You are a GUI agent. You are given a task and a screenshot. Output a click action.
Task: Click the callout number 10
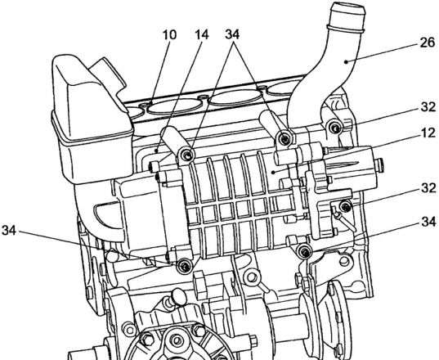point(169,35)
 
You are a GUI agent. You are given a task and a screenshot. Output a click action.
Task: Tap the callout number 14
point(202,35)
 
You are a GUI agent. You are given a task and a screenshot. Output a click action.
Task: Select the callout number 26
point(428,43)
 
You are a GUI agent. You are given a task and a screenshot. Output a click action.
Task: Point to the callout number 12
point(428,133)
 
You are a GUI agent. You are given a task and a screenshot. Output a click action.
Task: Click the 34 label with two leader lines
point(232,34)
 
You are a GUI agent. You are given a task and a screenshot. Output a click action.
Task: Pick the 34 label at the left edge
point(9,231)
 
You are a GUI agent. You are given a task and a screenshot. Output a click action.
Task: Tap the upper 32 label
point(428,106)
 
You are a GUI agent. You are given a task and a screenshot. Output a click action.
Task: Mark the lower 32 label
point(428,188)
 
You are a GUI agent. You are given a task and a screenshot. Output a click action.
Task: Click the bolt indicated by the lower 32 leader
point(346,207)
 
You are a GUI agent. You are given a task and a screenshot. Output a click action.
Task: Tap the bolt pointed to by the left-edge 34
point(184,266)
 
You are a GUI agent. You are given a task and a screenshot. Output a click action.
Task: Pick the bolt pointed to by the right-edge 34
point(304,251)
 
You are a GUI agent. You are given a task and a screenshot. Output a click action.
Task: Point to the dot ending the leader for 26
point(347,62)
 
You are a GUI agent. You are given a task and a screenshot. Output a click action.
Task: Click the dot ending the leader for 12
point(275,172)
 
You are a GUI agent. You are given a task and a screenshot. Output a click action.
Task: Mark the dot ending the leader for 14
point(157,151)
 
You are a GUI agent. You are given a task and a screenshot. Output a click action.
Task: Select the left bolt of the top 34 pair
point(187,155)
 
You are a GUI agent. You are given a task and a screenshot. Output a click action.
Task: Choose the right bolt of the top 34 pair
point(284,139)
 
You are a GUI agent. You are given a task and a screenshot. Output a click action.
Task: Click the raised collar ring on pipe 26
point(346,28)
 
